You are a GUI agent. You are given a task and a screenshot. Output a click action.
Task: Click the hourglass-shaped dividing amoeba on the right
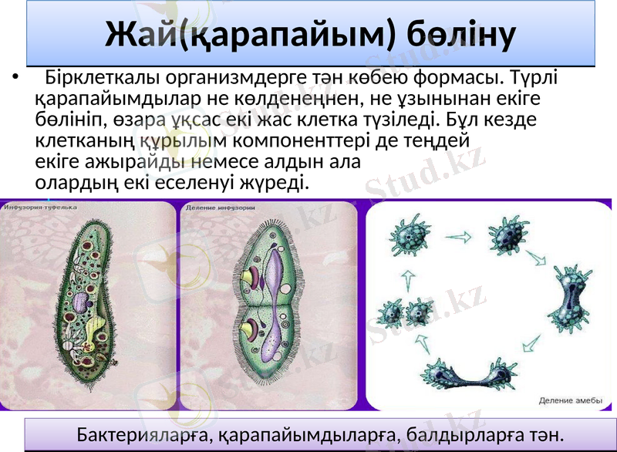pyautogui.click(x=571, y=301)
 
